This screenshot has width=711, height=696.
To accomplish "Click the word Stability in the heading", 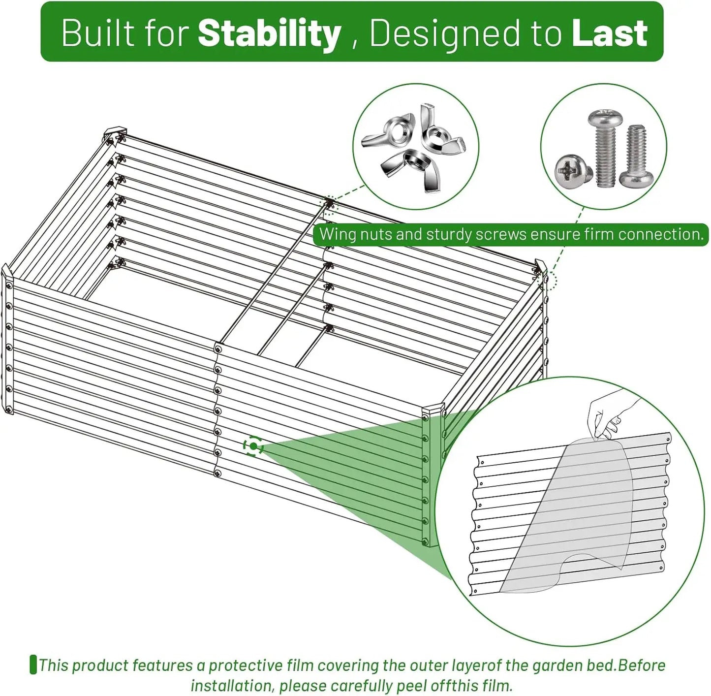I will tap(269, 33).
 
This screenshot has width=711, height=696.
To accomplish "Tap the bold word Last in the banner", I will tap(610, 33).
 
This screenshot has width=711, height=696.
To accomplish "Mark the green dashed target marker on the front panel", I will tap(253, 446).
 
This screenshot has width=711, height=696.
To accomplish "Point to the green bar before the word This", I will tap(33, 664).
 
